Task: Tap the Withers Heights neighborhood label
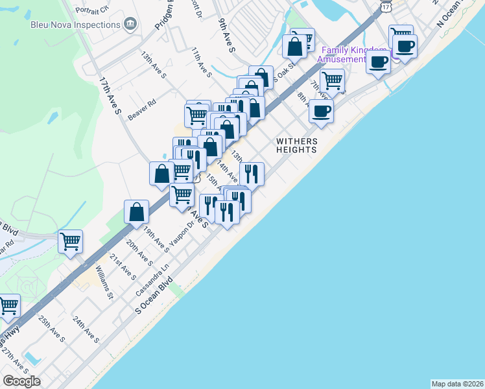pyautogui.click(x=296, y=145)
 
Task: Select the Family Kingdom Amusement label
pyautogui.click(x=349, y=55)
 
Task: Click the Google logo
pyautogui.click(x=21, y=381)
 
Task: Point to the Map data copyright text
pyautogui.click(x=458, y=383)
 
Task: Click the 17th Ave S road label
pyautogui.click(x=111, y=97)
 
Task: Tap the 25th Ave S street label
pyautogui.click(x=51, y=329)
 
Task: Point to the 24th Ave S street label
pyautogui.click(x=86, y=330)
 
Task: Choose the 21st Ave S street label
pyautogui.click(x=122, y=266)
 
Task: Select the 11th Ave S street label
pyautogui.click(x=202, y=62)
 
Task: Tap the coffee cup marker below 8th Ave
pyautogui.click(x=320, y=111)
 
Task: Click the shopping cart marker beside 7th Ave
pyautogui.click(x=332, y=81)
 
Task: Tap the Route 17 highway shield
pyautogui.click(x=386, y=6)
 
